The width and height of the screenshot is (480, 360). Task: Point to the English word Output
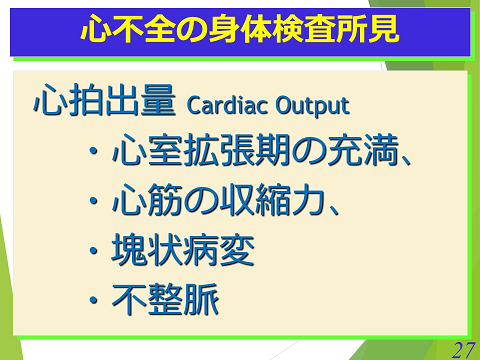(311, 105)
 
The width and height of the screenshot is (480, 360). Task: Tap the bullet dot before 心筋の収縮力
(94, 202)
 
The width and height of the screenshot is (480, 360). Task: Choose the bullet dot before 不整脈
(94, 299)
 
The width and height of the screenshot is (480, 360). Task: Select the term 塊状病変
(182, 250)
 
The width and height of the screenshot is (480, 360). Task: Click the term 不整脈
(164, 298)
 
